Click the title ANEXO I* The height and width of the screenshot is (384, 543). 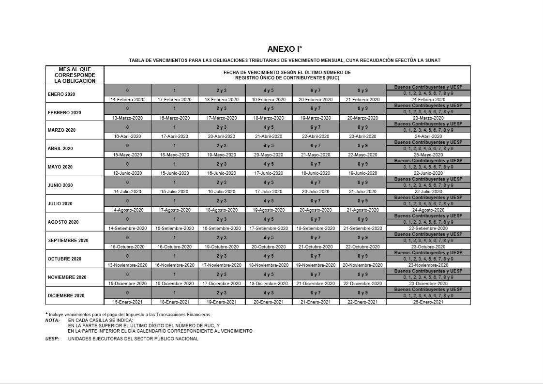click(285, 49)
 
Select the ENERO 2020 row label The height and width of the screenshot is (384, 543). click(61, 94)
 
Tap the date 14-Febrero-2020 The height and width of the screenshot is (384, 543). click(127, 100)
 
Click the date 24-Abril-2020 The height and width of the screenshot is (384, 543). click(428, 137)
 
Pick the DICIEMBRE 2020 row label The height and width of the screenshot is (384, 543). click(66, 296)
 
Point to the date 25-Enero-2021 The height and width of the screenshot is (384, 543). click(428, 302)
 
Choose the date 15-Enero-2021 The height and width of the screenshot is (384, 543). click(127, 302)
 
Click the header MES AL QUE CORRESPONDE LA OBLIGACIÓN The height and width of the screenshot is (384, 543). click(75, 75)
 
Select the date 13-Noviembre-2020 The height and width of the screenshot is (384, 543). click(127, 265)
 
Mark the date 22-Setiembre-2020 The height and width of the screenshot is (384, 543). click(428, 229)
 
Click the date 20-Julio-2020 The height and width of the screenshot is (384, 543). click(316, 192)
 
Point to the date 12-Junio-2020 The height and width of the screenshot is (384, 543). click(127, 173)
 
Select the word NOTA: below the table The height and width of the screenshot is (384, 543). click(52, 321)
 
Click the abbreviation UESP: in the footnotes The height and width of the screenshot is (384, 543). click(52, 339)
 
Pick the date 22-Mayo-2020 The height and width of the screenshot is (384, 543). click(362, 155)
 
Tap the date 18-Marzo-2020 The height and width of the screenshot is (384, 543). click(269, 118)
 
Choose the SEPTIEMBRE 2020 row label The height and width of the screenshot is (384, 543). click(68, 241)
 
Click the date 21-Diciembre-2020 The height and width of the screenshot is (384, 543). click(316, 284)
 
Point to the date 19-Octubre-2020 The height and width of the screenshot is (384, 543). click(222, 247)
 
